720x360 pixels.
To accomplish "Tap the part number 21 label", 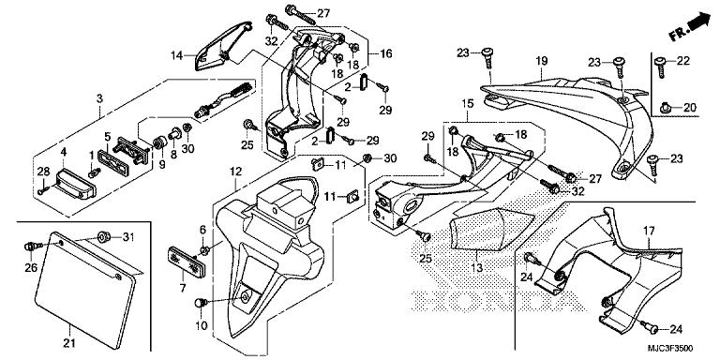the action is point(69,342).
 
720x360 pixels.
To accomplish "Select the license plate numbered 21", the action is point(86,290).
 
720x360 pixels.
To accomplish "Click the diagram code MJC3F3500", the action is point(670,349).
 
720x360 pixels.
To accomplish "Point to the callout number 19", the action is point(542,61).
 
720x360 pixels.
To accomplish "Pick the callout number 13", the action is point(477,268).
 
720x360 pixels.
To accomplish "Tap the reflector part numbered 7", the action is point(187,261).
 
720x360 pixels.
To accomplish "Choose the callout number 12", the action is point(235,172).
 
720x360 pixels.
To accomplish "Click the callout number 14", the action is point(177,56).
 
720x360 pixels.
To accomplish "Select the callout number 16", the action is point(385,53).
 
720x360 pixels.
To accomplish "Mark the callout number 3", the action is point(99,98).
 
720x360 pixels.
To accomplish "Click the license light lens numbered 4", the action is point(76,184).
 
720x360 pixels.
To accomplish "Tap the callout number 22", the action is point(683,61).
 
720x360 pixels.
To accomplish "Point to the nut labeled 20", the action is point(666,109).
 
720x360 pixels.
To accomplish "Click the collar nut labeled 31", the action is point(104,237).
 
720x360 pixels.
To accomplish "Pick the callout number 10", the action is point(202,326).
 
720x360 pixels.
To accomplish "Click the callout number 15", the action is point(468,104).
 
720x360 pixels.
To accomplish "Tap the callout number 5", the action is point(108,136).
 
